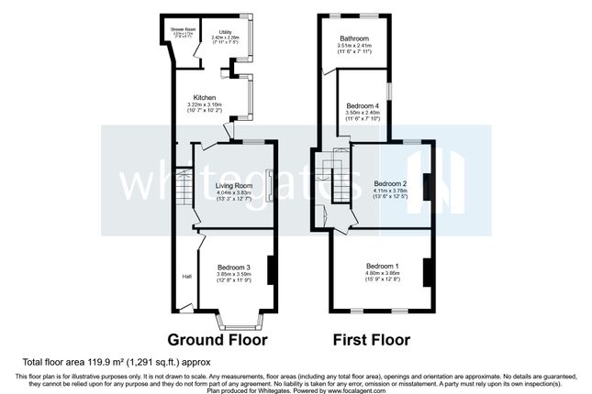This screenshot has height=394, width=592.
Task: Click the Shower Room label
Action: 175,28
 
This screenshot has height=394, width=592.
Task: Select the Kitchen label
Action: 204,96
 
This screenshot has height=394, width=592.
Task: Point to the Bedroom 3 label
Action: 233,267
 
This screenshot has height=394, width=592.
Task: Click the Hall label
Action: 186,276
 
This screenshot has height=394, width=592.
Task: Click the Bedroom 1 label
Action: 384,266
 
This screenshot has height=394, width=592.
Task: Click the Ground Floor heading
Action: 218,340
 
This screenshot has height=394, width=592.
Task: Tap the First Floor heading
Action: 372,340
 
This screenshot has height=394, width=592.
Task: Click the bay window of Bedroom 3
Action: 236,321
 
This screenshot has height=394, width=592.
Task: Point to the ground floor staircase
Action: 183,192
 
